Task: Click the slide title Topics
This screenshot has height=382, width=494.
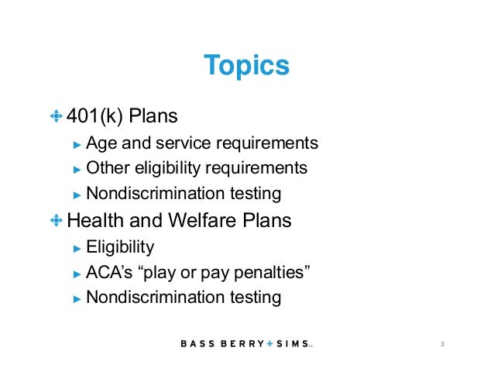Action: [x=246, y=66]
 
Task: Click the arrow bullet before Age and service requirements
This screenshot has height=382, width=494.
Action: [x=76, y=144]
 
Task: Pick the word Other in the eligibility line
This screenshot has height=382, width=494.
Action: [x=105, y=168]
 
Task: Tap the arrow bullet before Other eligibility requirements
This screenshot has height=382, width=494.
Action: [x=76, y=169]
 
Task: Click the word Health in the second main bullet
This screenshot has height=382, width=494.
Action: [x=94, y=221]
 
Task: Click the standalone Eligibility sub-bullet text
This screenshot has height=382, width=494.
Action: [x=120, y=248]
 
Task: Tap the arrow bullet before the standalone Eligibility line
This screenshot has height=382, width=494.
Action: [x=76, y=249]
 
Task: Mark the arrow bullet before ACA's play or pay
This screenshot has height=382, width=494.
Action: [x=76, y=274]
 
